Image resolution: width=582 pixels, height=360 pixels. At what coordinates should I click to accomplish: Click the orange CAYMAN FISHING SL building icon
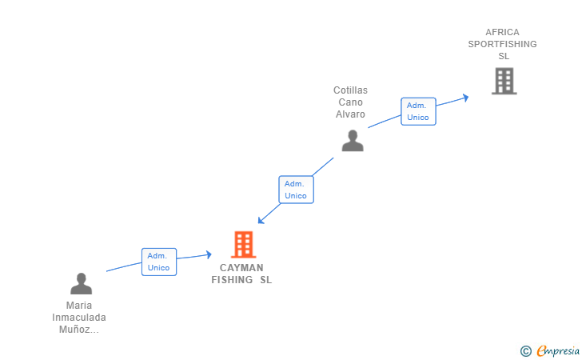pyautogui.click(x=243, y=245)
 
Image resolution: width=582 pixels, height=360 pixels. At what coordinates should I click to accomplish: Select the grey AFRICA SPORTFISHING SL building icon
pyautogui.click(x=504, y=81)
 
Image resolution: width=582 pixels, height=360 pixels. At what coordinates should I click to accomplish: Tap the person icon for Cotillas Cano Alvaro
pyautogui.click(x=353, y=140)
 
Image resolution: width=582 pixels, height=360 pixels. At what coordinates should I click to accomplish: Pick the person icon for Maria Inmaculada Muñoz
pyautogui.click(x=81, y=283)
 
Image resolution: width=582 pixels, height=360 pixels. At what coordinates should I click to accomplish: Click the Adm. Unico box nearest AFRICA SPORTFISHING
pyautogui.click(x=418, y=111)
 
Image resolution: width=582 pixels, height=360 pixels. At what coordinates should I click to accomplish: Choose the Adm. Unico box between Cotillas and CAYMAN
pyautogui.click(x=296, y=190)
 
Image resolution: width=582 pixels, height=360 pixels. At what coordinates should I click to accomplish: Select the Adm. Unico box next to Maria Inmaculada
pyautogui.click(x=159, y=262)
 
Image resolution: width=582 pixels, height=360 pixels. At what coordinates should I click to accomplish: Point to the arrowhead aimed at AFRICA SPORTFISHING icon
pyautogui.click(x=464, y=98)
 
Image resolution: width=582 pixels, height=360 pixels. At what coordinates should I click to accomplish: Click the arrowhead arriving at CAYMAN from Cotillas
pyautogui.click(x=261, y=220)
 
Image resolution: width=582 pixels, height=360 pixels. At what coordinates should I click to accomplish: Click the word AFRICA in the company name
pyautogui.click(x=502, y=33)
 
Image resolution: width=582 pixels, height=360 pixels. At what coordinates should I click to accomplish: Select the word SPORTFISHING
pyautogui.click(x=502, y=45)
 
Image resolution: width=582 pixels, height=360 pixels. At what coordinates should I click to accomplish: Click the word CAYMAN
pyautogui.click(x=241, y=268)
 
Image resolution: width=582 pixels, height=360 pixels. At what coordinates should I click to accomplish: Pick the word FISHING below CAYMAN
pyautogui.click(x=232, y=280)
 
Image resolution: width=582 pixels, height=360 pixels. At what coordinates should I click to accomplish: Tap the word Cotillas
pyautogui.click(x=350, y=90)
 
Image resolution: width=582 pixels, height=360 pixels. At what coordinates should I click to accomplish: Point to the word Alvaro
pyautogui.click(x=350, y=114)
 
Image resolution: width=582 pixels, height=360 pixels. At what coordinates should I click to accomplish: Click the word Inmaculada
pyautogui.click(x=79, y=318)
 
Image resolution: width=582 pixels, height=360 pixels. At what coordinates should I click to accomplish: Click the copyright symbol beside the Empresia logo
pyautogui.click(x=525, y=350)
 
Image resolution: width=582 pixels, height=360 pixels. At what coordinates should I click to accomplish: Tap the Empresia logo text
pyautogui.click(x=558, y=350)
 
